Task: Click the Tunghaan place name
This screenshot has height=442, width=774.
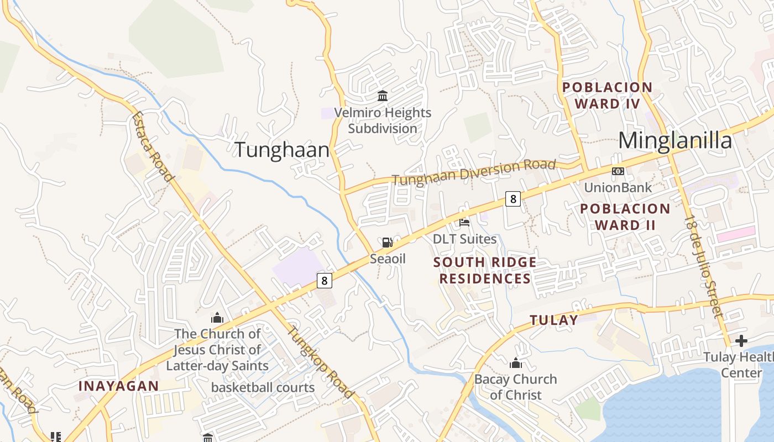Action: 282,150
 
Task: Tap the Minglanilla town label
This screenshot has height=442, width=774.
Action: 675,140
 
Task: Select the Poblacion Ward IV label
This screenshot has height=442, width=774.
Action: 607,96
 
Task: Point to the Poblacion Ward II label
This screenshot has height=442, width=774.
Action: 625,217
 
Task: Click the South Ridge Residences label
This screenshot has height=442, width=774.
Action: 485,270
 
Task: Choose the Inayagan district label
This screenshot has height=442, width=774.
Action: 118,386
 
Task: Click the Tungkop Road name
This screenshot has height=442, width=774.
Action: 321,362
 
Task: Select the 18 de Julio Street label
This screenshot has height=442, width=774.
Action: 704,266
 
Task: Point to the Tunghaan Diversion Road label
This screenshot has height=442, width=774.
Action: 474,172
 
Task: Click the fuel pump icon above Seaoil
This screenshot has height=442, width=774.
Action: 388,242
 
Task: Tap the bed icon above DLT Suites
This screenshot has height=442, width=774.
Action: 464,223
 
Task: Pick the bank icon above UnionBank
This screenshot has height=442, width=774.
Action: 618,171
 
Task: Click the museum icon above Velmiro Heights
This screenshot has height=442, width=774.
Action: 383,96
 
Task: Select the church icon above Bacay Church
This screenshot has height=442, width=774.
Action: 516,363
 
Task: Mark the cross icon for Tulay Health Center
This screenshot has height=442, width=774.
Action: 741,340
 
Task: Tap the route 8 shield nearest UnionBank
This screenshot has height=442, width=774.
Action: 513,199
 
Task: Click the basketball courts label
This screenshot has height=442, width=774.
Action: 263,387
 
